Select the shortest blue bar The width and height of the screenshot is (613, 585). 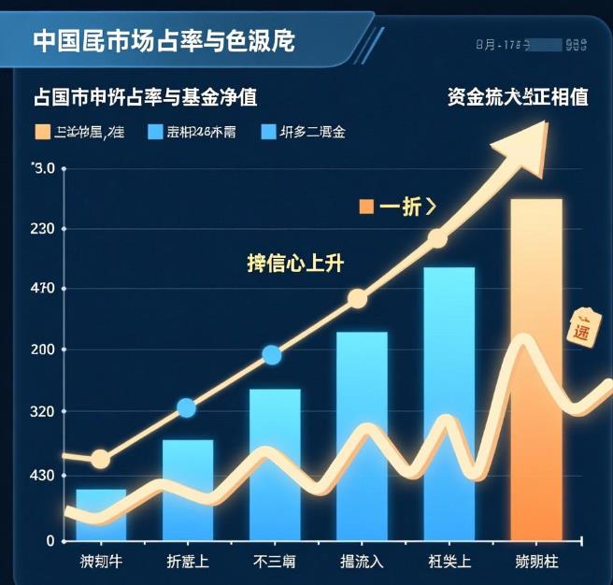point(101,514)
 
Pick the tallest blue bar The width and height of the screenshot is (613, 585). point(449,402)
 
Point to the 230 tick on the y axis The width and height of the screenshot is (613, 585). point(44,228)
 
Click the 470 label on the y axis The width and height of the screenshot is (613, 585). point(44,289)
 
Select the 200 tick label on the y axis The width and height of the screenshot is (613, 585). point(44,350)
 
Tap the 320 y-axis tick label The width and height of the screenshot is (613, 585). point(44,412)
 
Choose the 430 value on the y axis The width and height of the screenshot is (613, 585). point(44,476)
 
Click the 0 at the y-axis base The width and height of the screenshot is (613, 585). point(50,540)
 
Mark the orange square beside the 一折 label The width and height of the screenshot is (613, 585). point(366,207)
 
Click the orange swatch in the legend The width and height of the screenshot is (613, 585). point(42,132)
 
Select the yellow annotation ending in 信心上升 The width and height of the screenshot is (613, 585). point(295,264)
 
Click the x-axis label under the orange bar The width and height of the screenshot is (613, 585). point(535,562)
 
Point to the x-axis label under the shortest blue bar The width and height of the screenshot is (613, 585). point(101,562)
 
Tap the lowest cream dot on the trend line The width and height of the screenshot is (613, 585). point(100,459)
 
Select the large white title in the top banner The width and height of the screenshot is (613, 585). point(164,41)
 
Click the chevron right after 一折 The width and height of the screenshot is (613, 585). point(430,207)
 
